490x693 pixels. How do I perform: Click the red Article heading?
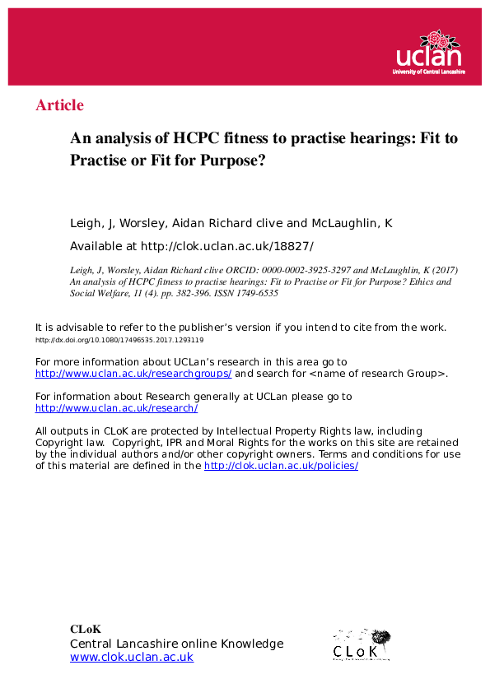pos(59,105)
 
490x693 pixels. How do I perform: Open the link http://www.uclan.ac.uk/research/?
pos(116,407)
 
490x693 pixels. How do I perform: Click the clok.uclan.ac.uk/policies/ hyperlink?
pos(281,465)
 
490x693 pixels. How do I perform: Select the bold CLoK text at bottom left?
pos(86,630)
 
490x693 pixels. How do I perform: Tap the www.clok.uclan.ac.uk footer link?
pos(132,657)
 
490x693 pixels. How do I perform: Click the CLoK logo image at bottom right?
pos(362,644)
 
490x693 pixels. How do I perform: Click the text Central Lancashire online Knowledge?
pos(176,644)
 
